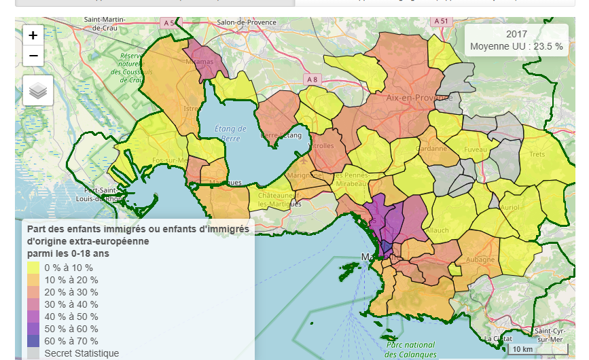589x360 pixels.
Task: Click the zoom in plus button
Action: click(33, 35)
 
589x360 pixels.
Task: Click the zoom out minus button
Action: click(33, 56)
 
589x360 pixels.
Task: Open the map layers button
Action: click(37, 90)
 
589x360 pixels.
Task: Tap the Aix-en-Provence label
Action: click(418, 98)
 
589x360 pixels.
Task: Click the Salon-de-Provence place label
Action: click(247, 22)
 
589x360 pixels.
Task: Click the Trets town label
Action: click(537, 154)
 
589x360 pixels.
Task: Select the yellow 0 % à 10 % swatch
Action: click(33, 268)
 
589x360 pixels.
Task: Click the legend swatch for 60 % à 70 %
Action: click(33, 341)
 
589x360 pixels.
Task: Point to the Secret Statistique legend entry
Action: click(81, 353)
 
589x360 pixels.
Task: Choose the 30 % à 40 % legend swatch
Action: click(33, 304)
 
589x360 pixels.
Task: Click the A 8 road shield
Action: click(312, 79)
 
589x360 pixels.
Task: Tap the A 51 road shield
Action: click(442, 21)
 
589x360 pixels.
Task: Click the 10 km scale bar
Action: click(522, 349)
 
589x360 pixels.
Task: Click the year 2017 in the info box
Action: click(516, 34)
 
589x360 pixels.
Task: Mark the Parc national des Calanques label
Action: click(410, 349)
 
